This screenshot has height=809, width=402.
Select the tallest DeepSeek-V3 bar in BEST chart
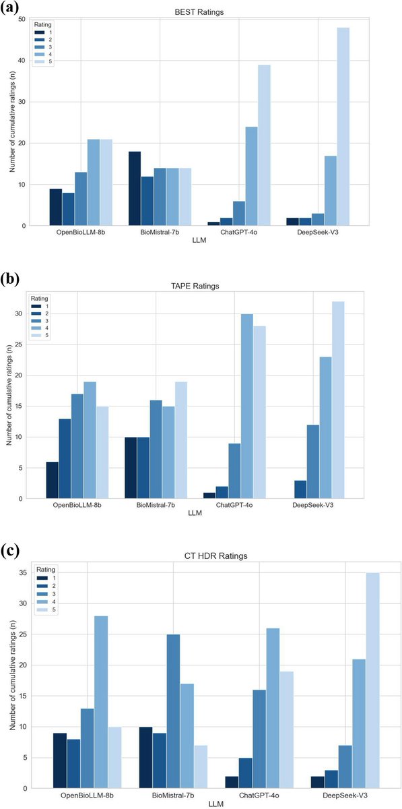tap(343, 127)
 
